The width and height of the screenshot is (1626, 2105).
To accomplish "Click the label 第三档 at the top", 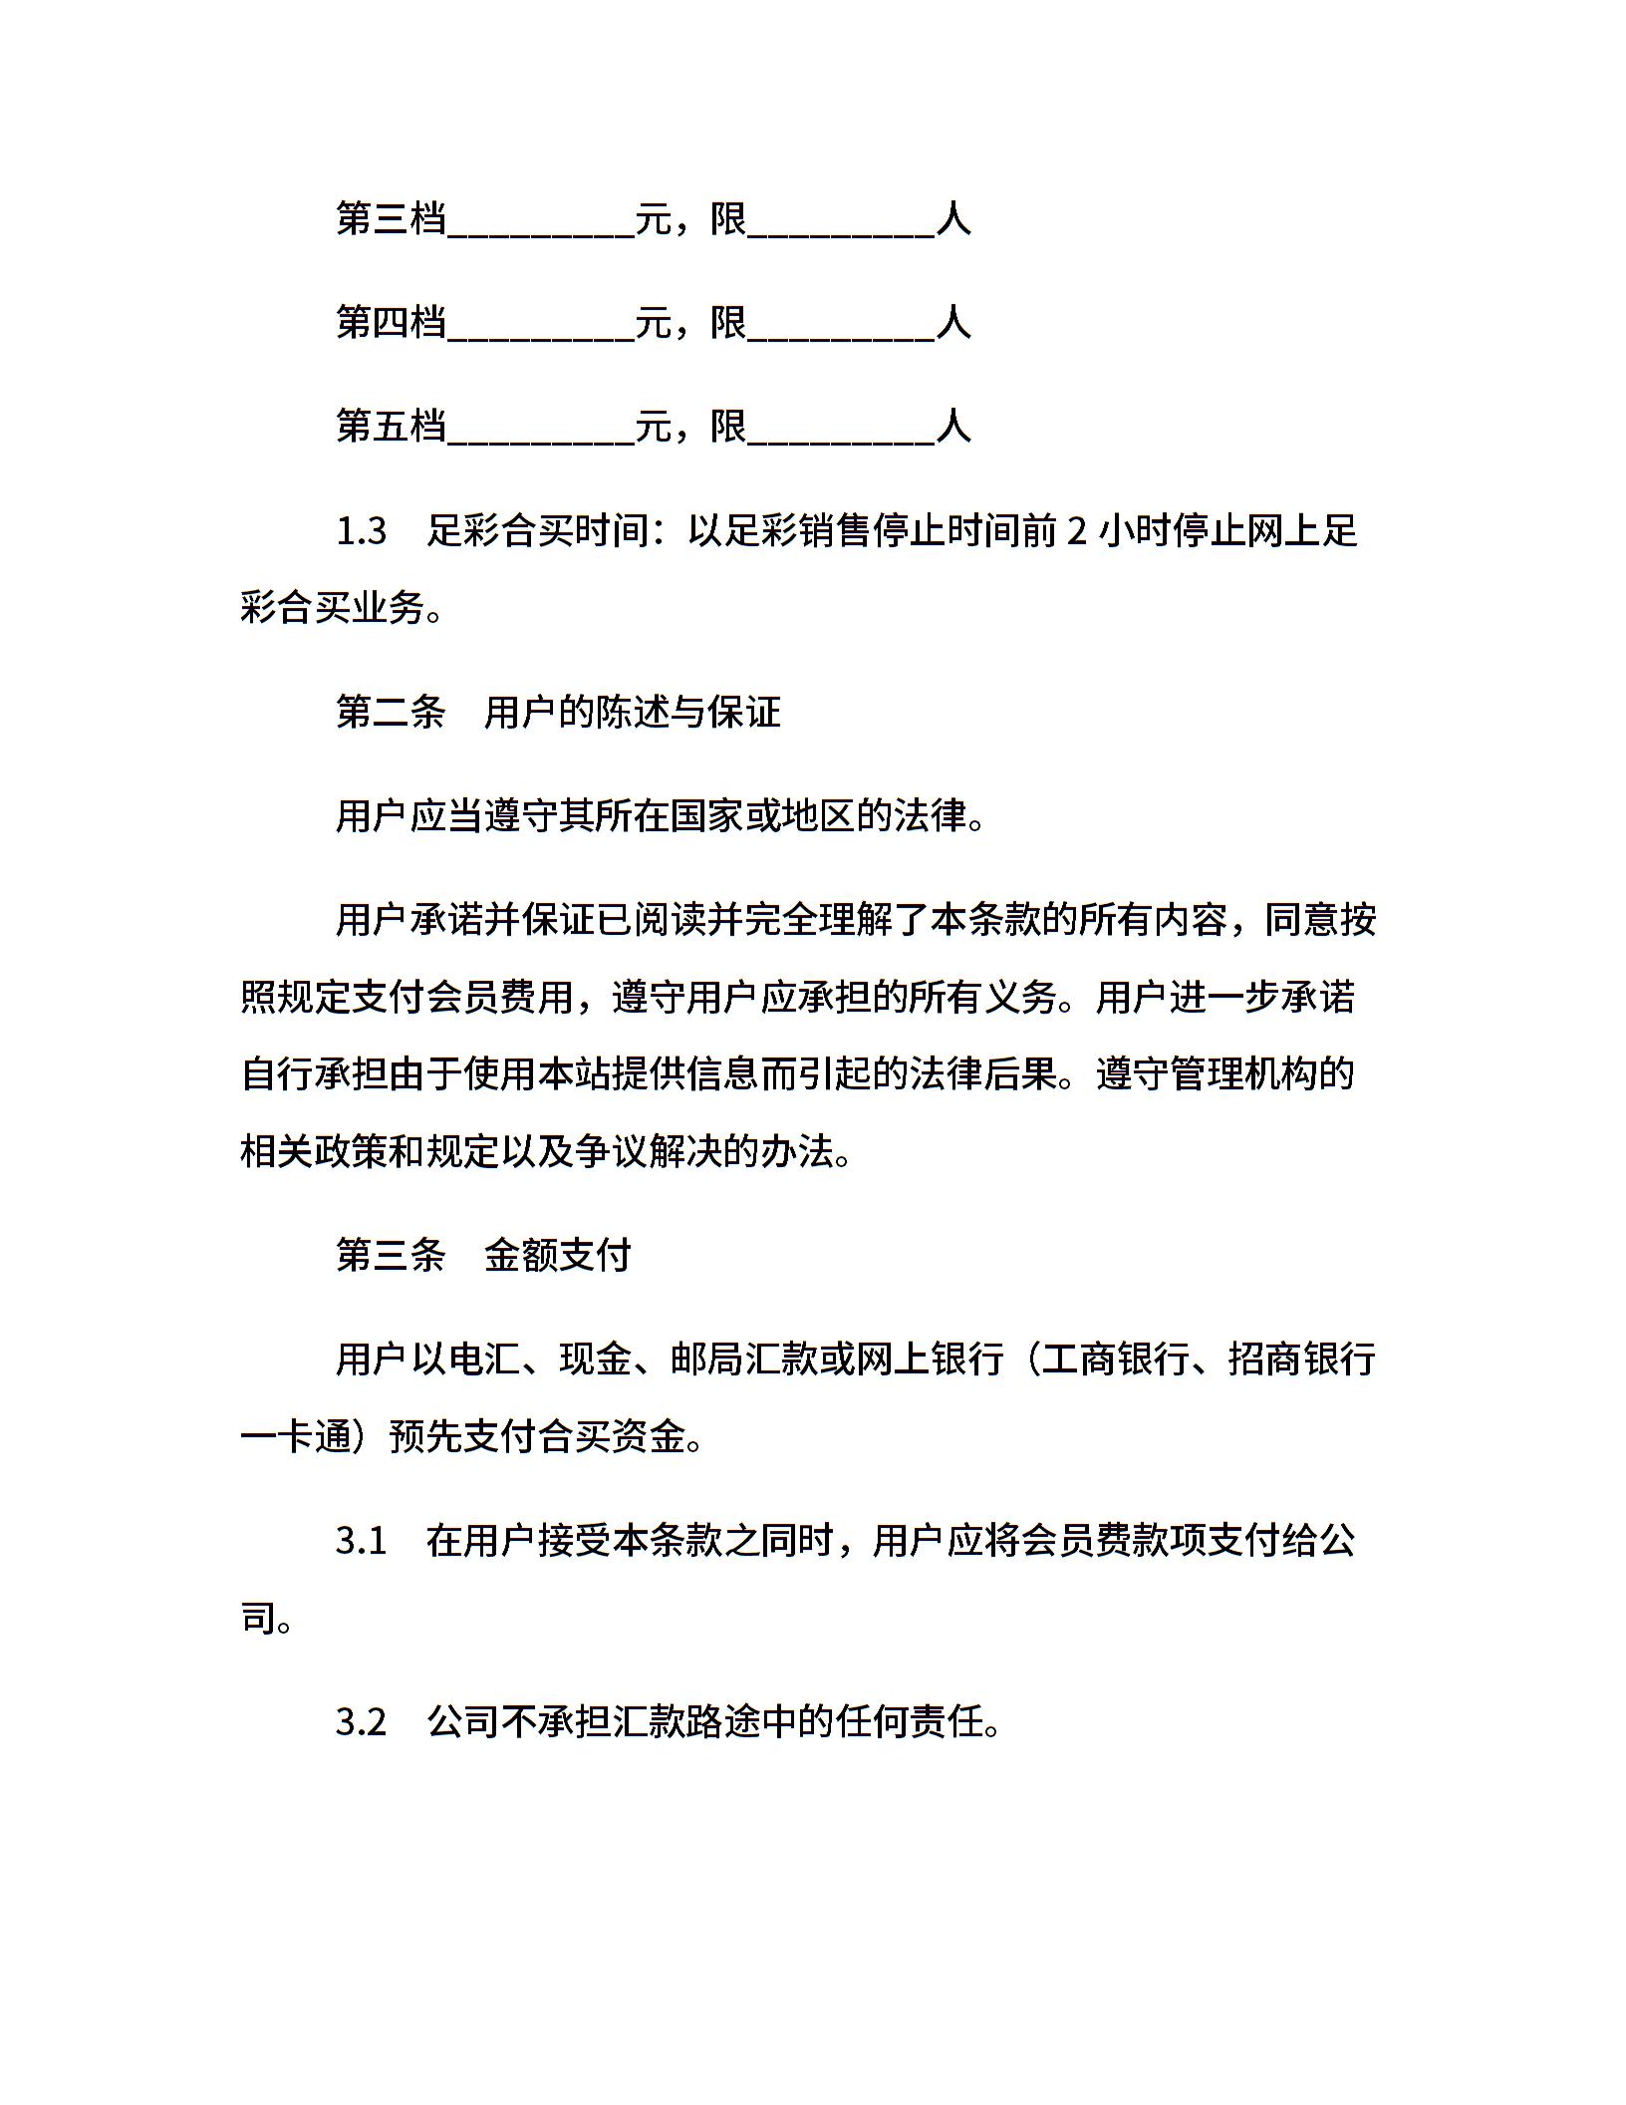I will (x=391, y=218).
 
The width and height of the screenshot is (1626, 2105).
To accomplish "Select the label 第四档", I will (x=391, y=322).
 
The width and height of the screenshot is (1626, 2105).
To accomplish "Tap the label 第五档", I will (x=391, y=426).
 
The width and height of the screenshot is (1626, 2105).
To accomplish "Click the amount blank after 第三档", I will (x=541, y=224).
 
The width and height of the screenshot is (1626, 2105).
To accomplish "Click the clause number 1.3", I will (x=362, y=531).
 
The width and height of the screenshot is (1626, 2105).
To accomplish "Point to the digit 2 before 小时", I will (x=1077, y=531).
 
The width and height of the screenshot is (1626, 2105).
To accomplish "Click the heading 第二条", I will (x=391, y=712).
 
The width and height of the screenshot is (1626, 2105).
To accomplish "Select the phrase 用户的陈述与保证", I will (x=633, y=712).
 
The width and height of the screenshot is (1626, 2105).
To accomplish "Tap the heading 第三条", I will (x=391, y=1255).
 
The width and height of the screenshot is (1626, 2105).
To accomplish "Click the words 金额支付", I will (x=558, y=1255).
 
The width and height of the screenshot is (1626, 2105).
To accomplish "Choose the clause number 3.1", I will (x=362, y=1541).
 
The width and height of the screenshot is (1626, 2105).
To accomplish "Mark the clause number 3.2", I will (x=362, y=1721).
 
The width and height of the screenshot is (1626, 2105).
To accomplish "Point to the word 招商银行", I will (x=1302, y=1358).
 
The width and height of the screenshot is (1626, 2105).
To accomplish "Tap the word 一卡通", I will (x=297, y=1437).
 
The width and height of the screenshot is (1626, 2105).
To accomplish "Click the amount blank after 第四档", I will (x=541, y=328).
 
